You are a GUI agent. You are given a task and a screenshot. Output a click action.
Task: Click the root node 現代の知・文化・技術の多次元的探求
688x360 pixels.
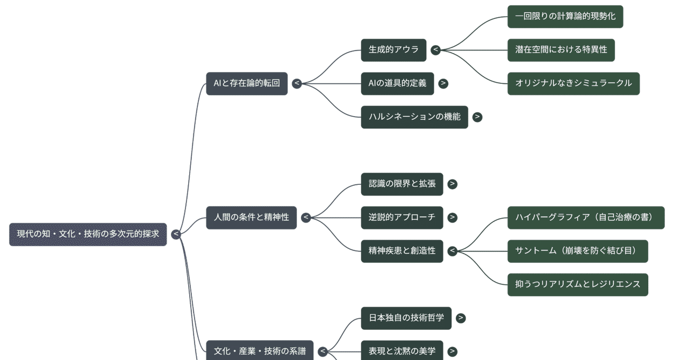click(x=88, y=234)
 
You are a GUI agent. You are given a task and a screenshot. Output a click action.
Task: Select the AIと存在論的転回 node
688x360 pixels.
click(x=247, y=83)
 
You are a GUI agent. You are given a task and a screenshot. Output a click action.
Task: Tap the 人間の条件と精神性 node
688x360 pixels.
click(x=251, y=218)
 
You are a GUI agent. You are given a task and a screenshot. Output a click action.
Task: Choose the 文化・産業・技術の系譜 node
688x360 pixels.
click(x=260, y=351)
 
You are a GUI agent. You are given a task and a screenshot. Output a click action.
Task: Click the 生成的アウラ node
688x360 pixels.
click(x=393, y=49)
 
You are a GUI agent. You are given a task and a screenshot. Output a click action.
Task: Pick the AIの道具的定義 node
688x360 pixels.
click(x=397, y=83)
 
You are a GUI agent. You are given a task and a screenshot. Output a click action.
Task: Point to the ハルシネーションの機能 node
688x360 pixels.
click(x=414, y=117)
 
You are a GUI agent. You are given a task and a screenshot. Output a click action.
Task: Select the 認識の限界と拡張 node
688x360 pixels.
click(x=402, y=184)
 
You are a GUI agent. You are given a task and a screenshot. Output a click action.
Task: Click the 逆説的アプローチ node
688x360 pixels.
click(x=402, y=218)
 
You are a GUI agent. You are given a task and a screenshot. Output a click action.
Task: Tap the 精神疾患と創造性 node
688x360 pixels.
click(x=402, y=251)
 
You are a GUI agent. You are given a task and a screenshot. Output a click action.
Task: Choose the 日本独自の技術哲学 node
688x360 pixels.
click(x=406, y=318)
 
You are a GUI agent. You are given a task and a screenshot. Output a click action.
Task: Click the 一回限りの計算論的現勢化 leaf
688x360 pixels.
click(x=565, y=16)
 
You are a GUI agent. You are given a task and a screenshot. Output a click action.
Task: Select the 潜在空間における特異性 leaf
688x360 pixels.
click(x=561, y=49)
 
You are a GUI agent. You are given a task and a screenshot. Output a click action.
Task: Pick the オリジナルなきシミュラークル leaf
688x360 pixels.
click(x=574, y=83)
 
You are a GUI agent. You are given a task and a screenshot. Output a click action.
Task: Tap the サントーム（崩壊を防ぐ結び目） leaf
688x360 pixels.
click(x=578, y=251)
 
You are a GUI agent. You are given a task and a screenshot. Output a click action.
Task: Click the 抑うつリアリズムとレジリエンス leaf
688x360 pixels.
click(x=578, y=284)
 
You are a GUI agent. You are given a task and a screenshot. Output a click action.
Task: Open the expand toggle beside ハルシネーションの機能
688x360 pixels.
click(x=477, y=117)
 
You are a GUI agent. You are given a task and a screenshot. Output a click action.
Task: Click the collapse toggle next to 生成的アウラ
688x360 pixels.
click(x=435, y=50)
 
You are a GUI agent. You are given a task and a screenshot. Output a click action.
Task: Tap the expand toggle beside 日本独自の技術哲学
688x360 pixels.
click(x=461, y=318)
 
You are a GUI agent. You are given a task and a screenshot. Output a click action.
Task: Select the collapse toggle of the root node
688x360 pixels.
click(x=176, y=234)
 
